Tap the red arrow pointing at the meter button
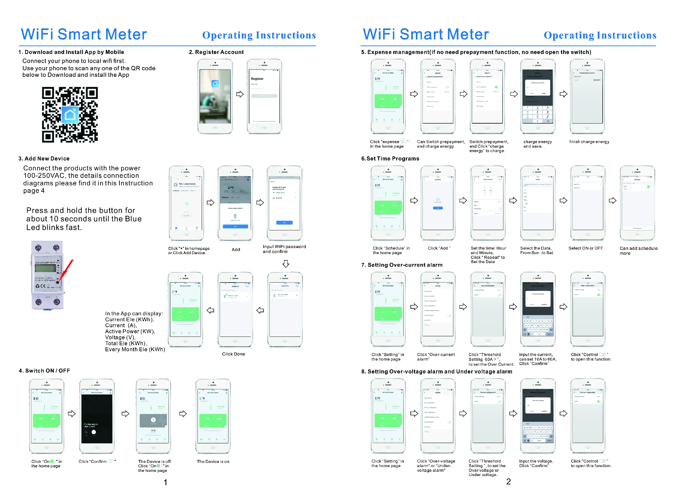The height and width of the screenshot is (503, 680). pos(66,270)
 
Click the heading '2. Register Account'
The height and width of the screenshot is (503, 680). pos(216,52)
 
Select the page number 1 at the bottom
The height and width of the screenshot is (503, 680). pos(165,482)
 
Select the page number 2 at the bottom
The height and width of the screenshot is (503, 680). pos(508,481)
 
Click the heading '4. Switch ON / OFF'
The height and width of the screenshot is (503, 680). pos(44,370)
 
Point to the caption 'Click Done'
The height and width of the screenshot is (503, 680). pos(234,354)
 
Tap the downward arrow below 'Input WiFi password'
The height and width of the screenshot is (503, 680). pos(285,264)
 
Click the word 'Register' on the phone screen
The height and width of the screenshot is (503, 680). pos(257,79)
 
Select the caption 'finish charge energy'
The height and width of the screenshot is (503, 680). pos(589,142)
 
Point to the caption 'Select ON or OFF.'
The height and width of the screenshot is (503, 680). pos(586,248)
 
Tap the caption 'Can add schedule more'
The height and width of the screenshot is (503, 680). pos(638,250)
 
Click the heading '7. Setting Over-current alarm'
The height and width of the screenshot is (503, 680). pos(402,265)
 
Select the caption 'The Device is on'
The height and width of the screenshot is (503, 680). pos(213,461)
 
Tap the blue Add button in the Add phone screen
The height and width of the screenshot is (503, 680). pos(235,226)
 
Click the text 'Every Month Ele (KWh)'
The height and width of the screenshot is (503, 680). pos(135,349)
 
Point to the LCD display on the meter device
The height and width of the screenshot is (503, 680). pos(45,268)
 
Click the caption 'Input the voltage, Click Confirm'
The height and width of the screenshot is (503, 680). pos(536,463)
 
